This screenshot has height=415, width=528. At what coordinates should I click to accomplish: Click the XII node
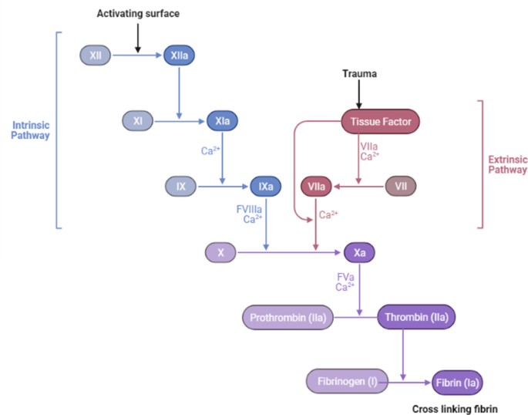(95, 55)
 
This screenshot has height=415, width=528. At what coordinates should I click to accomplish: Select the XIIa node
(179, 55)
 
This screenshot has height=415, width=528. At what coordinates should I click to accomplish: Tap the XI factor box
(137, 121)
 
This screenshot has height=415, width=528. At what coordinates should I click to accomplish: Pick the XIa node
(222, 121)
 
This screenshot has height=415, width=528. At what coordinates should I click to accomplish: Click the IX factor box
(180, 187)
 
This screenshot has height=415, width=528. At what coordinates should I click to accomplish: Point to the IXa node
(264, 187)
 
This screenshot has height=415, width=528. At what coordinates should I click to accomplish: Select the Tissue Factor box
(380, 121)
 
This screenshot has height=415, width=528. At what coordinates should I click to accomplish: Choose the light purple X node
(221, 252)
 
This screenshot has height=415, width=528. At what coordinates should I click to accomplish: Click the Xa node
(359, 252)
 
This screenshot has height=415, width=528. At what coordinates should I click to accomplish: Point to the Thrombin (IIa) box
(416, 317)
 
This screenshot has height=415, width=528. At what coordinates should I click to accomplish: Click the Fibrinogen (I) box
(340, 381)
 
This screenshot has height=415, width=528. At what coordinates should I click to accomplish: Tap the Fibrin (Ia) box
(461, 381)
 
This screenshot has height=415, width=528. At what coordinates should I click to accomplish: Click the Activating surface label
(138, 14)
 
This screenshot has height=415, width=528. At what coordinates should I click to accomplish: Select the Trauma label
(358, 73)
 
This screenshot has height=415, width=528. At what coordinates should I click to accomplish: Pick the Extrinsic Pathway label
(508, 164)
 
